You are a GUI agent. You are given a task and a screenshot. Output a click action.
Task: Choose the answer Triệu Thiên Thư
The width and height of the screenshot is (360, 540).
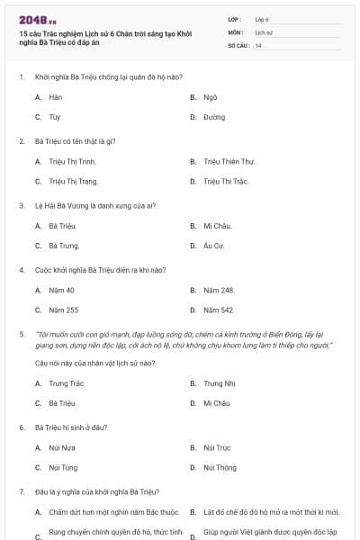(229, 161)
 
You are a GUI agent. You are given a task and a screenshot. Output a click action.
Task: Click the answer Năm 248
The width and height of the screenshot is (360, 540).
(219, 290)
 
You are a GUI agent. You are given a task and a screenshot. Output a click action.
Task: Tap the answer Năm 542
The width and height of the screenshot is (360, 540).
(219, 310)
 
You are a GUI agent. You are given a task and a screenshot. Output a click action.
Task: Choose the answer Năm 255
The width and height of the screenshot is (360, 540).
(63, 310)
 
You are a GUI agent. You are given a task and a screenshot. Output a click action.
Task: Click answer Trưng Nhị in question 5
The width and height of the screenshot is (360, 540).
(218, 382)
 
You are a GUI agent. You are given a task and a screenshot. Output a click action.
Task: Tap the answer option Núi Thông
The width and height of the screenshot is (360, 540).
(220, 468)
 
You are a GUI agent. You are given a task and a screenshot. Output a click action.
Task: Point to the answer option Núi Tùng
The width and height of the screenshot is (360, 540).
(63, 468)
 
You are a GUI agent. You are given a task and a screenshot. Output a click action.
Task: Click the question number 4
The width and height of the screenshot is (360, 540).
(21, 269)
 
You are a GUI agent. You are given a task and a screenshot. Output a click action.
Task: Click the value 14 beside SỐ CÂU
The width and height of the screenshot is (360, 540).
(258, 44)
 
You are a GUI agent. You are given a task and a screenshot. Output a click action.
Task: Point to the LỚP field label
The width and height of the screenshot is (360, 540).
(235, 18)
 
